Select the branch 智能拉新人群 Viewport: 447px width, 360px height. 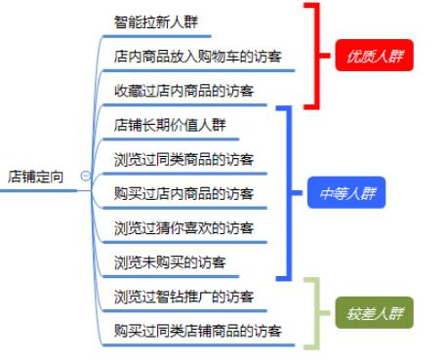coord(159,20)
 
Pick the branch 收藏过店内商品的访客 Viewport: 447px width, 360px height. coord(183,91)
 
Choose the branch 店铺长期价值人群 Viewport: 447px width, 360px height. coord(170,125)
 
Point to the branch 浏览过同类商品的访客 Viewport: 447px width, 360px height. coord(183,159)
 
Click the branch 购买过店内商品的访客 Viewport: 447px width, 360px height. coord(183,193)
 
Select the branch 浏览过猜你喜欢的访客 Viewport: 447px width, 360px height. coord(183,228)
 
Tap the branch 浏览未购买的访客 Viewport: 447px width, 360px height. coord(170,262)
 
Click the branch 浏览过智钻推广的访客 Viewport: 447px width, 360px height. coord(183,297)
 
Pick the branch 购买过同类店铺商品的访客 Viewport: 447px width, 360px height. coord(198,332)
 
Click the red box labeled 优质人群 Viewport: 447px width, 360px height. coord(371,57)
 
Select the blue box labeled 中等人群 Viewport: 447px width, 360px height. coord(345,193)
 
